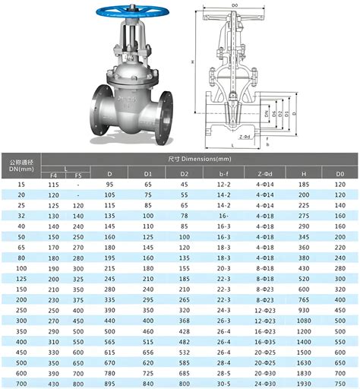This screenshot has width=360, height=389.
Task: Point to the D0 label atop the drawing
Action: [234, 6]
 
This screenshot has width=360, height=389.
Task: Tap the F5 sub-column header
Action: [78, 176]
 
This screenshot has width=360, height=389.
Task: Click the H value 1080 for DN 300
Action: [304, 321]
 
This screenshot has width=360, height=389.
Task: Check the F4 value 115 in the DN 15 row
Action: [53, 185]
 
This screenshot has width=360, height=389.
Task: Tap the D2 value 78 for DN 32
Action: [185, 216]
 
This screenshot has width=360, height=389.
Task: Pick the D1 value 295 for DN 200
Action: [147, 299]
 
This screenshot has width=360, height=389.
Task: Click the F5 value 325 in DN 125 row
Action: [78, 279]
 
